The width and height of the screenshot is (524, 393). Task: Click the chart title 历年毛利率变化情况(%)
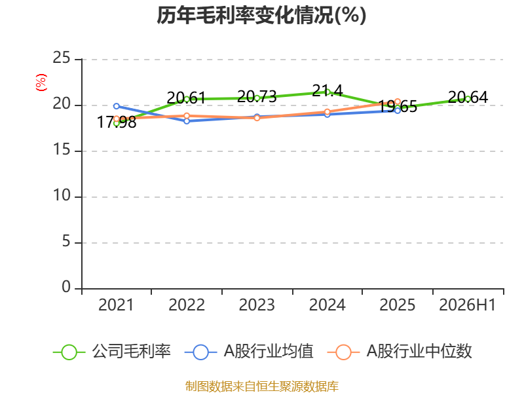coord(261,15)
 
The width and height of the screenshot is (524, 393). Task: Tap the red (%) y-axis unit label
coord(41,83)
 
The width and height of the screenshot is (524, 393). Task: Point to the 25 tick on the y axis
coord(61,58)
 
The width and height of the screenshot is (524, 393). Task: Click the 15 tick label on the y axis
coord(61,150)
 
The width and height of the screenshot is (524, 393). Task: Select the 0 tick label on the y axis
coord(66,287)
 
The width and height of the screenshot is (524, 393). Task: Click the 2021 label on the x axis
coord(116,305)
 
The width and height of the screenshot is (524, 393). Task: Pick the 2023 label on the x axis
coord(257,305)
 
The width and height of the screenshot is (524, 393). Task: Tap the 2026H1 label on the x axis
coord(467,305)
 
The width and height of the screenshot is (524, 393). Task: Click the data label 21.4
coord(327,90)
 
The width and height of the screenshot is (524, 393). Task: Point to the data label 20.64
coord(468,97)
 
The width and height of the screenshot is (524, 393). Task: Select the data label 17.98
coord(117,122)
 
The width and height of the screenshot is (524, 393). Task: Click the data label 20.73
coord(257,97)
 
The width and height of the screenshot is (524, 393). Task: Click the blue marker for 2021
coord(117,106)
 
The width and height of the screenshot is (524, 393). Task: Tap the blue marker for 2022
coord(187,121)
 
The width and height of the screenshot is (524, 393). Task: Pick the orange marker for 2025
coord(398,102)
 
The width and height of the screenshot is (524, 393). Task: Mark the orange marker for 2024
coord(327,112)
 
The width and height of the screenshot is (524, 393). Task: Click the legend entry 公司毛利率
coord(112,352)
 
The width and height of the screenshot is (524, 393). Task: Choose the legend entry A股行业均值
coord(249,352)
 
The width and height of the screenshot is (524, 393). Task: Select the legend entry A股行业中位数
coord(400,352)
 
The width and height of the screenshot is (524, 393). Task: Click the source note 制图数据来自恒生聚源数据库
coord(262,386)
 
